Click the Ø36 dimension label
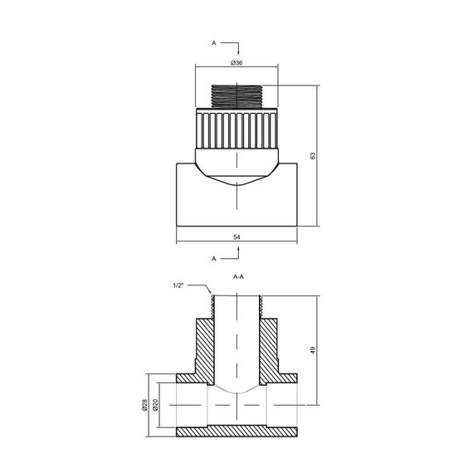click(236, 63)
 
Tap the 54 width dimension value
click(236, 237)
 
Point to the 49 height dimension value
click(313, 351)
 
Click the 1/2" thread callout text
click(178, 285)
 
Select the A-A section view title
click(237, 277)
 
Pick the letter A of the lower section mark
click(214, 259)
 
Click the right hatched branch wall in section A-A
click(271, 349)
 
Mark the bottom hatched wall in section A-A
click(236, 431)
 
